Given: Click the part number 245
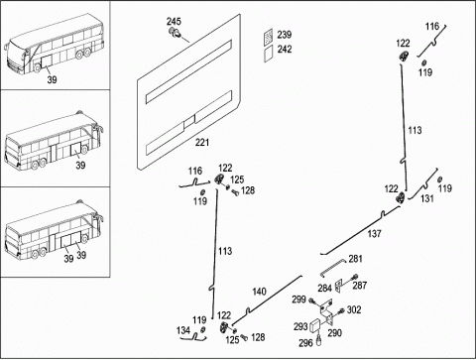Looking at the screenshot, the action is click(174, 22).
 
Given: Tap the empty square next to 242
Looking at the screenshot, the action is click(269, 53).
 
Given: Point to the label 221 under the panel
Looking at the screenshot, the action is click(202, 142).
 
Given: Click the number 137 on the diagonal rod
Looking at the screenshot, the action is click(374, 234).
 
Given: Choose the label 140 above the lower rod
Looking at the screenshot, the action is click(259, 292).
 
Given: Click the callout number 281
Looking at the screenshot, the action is click(356, 259).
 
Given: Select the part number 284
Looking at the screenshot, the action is click(324, 288).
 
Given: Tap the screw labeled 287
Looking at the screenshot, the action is click(355, 277).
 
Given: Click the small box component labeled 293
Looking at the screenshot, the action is click(316, 325).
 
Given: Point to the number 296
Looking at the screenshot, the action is click(305, 343).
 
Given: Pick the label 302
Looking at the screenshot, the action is click(354, 309).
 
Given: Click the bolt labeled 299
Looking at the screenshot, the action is click(312, 300).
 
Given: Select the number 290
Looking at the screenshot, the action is click(334, 332).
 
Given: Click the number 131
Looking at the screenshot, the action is click(427, 198).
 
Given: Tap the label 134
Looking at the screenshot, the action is click(183, 330).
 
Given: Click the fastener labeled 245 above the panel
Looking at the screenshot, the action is click(175, 33).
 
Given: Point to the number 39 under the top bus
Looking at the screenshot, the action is click(52, 79).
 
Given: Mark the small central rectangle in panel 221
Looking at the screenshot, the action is click(189, 122).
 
